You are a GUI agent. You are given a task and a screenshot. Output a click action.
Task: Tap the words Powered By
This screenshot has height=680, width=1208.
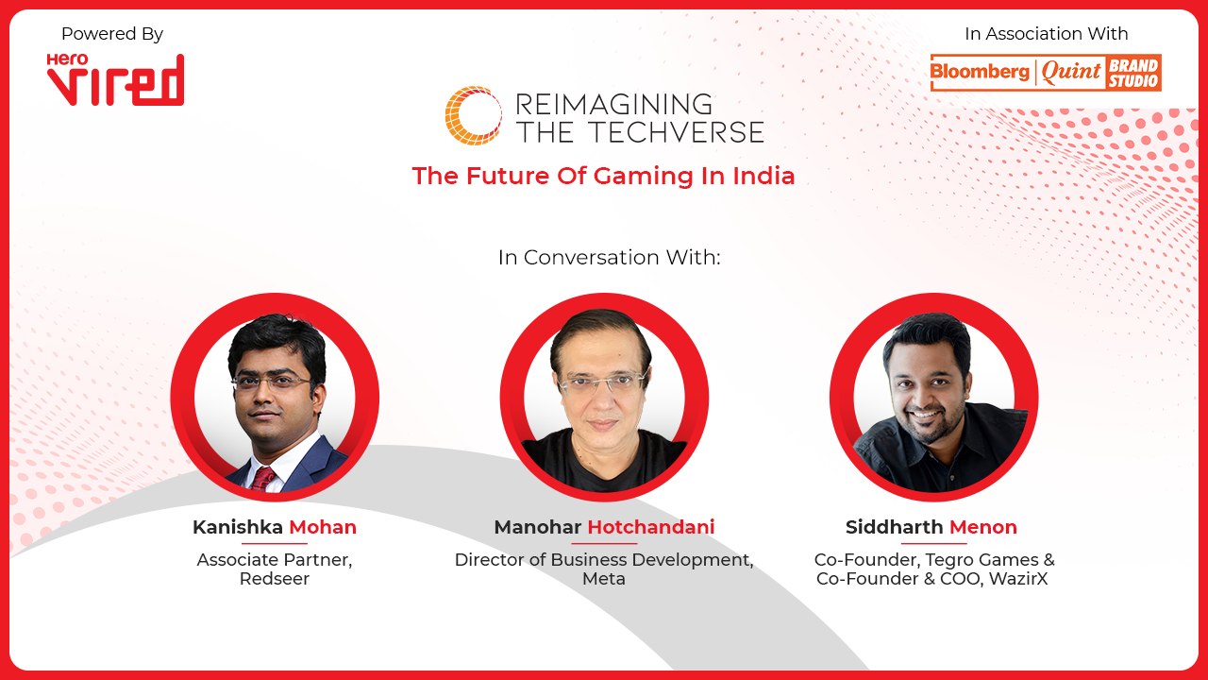coord(112,34)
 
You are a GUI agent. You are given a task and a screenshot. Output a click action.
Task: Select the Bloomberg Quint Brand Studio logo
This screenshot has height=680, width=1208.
coord(1046,73)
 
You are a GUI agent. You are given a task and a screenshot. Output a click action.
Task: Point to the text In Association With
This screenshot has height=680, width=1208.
coord(1046,34)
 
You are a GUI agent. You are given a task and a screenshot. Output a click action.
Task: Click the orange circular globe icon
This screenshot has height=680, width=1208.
coord(473,115)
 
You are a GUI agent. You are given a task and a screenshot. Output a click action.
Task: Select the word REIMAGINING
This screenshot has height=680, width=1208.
coord(614,103)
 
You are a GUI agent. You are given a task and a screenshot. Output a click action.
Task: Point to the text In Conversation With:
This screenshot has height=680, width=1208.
coord(609,257)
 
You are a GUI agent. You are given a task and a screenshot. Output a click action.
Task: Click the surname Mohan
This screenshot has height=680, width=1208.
coord(322,527)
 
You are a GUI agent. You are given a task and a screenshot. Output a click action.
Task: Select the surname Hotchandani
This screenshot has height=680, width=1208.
coord(650,527)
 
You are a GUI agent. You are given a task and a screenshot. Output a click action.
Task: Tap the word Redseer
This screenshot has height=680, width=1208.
coord(274,579)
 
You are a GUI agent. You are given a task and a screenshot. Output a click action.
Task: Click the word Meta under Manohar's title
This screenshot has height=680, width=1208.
coord(604,579)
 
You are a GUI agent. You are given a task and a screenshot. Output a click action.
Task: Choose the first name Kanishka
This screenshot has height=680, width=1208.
coord(238,527)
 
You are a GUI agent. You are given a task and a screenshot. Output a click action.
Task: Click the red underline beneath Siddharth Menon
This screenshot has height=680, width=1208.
coord(933,543)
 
